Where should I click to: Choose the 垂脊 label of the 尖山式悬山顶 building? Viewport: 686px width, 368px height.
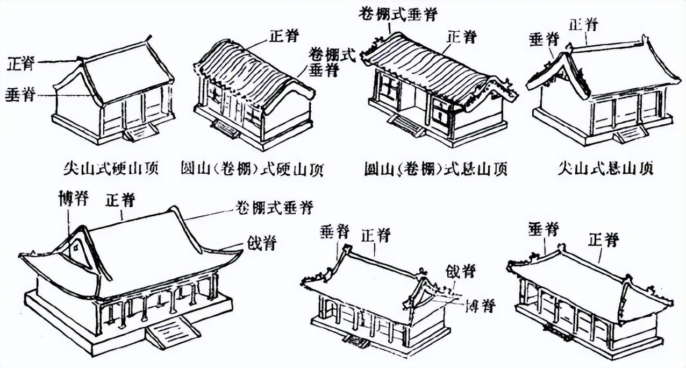[x=544, y=39]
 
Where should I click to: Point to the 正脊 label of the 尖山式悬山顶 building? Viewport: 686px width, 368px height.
[x=584, y=24]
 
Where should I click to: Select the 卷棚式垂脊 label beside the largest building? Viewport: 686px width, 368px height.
[x=275, y=207]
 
